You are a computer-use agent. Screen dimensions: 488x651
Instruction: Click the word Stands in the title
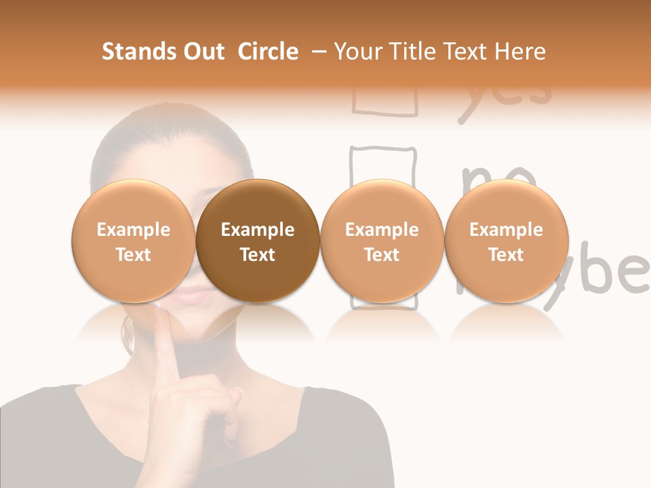point(135,52)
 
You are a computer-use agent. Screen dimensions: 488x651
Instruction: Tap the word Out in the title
point(202,52)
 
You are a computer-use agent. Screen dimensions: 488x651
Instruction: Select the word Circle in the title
point(268,52)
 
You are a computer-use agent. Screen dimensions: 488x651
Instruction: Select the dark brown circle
point(258,241)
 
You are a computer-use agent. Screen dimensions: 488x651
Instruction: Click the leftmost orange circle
point(133,241)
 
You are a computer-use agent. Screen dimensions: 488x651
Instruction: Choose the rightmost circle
point(507,241)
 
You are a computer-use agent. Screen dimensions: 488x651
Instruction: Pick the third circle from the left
point(382,241)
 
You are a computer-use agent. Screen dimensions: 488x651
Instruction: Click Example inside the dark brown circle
point(258,230)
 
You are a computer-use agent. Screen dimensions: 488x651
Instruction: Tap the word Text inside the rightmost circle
point(507,255)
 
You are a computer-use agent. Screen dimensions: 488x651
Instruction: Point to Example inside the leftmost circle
point(133,230)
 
